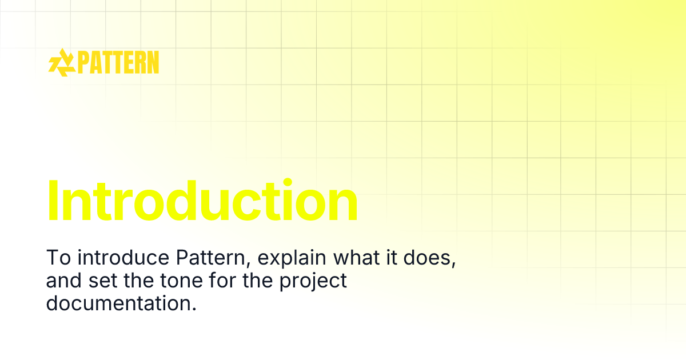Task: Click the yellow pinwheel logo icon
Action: tap(61, 62)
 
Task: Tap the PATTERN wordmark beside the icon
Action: tap(118, 62)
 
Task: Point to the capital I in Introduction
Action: tap(53, 201)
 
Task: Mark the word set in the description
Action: tap(99, 281)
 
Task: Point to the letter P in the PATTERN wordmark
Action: tap(83, 62)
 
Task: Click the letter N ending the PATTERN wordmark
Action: tap(152, 62)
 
